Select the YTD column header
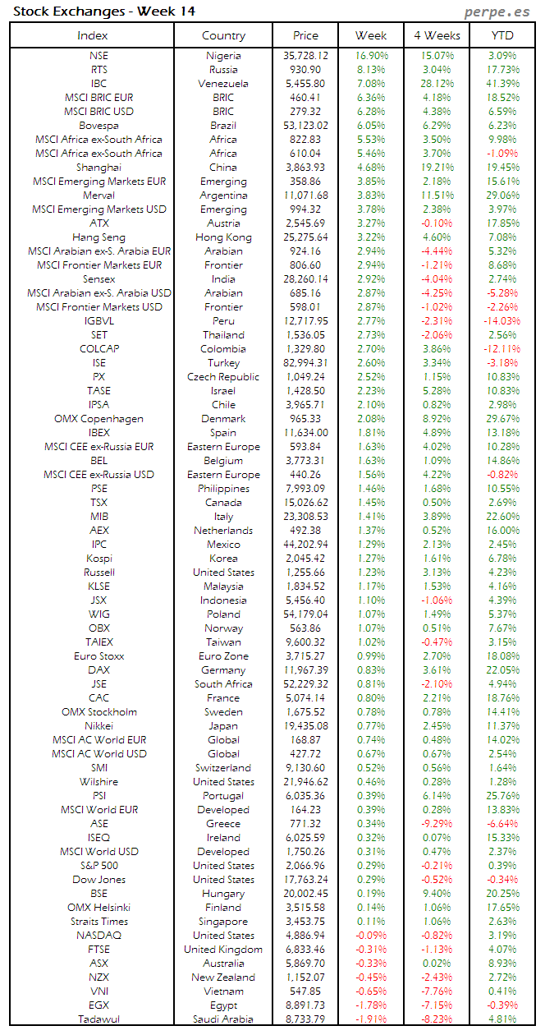[x=502, y=35]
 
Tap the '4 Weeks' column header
[x=437, y=35]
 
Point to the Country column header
[x=223, y=35]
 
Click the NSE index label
[x=98, y=56]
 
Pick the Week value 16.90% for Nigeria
[x=371, y=56]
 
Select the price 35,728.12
[x=305, y=56]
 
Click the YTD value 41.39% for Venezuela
[x=502, y=84]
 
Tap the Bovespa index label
[x=98, y=126]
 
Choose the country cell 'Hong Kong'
[x=223, y=237]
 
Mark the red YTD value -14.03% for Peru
[x=501, y=321]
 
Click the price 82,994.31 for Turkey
[x=305, y=363]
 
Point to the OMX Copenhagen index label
[x=98, y=419]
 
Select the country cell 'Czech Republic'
[x=223, y=377]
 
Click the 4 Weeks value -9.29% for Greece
[x=437, y=824]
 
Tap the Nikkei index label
[x=98, y=726]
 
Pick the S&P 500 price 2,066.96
[x=305, y=866]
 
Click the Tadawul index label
[x=98, y=1019]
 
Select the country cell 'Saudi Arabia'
[x=223, y=1019]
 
